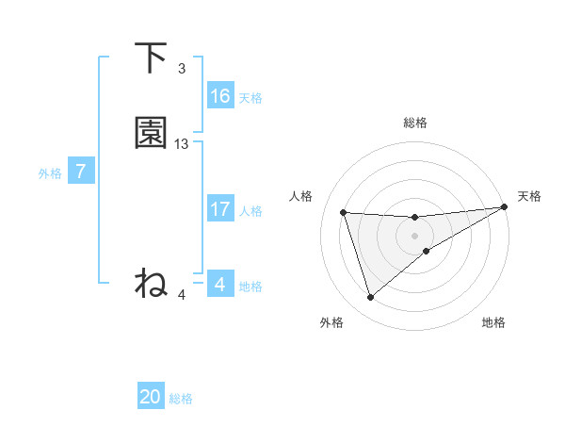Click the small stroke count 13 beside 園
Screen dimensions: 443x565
click(x=182, y=144)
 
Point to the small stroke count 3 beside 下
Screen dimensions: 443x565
click(x=182, y=69)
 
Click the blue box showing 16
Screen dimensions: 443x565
click(x=220, y=96)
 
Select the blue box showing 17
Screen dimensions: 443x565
click(x=220, y=209)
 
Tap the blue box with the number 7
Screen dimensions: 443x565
click(x=81, y=172)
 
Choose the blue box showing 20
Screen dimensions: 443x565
click(x=151, y=398)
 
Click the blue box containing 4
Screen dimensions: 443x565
click(x=220, y=285)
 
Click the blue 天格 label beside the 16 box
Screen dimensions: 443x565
click(x=250, y=98)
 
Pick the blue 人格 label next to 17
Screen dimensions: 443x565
click(x=250, y=211)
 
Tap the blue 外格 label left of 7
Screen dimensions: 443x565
click(x=50, y=173)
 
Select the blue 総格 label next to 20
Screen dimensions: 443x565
click(x=181, y=400)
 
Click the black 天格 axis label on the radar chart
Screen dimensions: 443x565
click(x=529, y=196)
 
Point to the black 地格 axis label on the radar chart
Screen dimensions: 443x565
click(x=493, y=323)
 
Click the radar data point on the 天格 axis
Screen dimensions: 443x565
click(x=504, y=207)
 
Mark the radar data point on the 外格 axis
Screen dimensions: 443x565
click(x=370, y=298)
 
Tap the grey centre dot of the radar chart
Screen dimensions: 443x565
click(x=414, y=236)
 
